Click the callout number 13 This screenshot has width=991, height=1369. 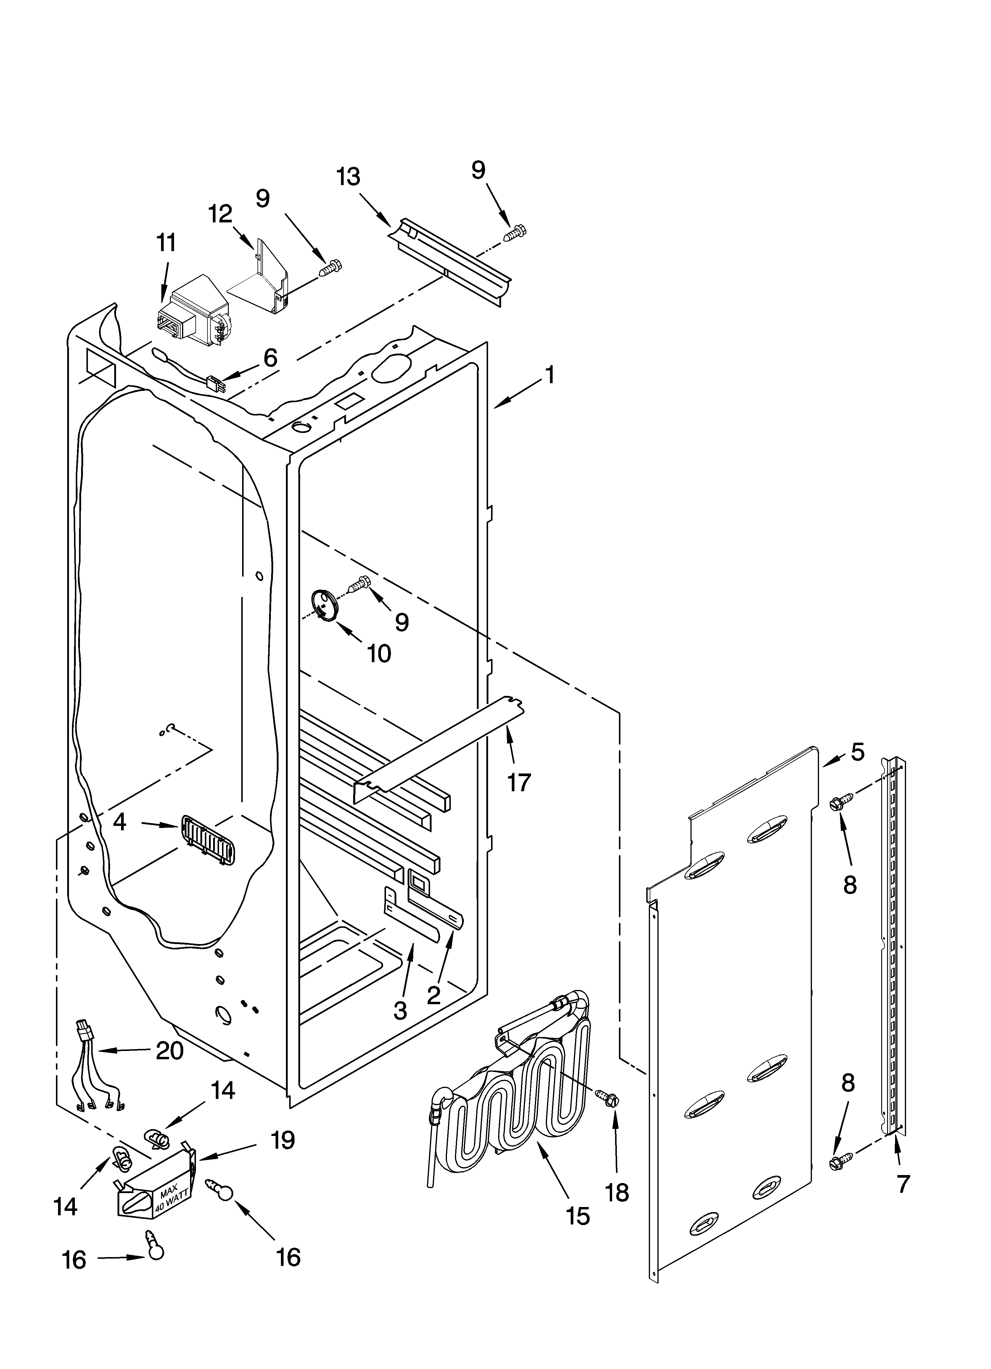348,177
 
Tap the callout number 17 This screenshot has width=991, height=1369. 518,782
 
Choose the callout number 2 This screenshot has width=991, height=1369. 433,996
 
